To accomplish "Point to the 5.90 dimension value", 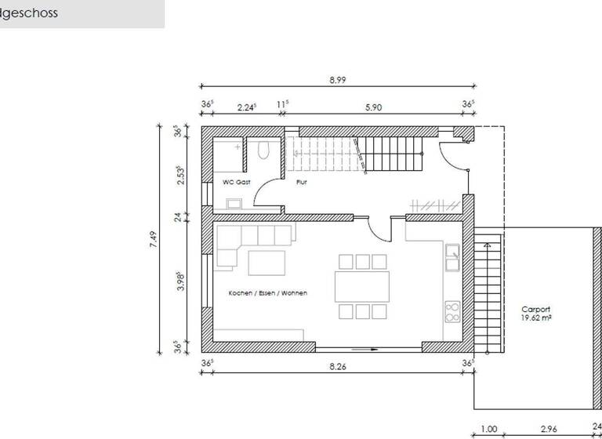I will [373, 108].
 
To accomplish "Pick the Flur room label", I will [301, 182].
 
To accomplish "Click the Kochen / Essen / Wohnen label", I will [267, 293].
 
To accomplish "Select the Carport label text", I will [536, 310].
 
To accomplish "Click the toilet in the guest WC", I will [264, 150].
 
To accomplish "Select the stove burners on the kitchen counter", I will [452, 313].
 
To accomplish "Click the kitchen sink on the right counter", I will [452, 252].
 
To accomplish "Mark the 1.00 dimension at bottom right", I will [488, 430].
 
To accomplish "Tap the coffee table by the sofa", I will [267, 263].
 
